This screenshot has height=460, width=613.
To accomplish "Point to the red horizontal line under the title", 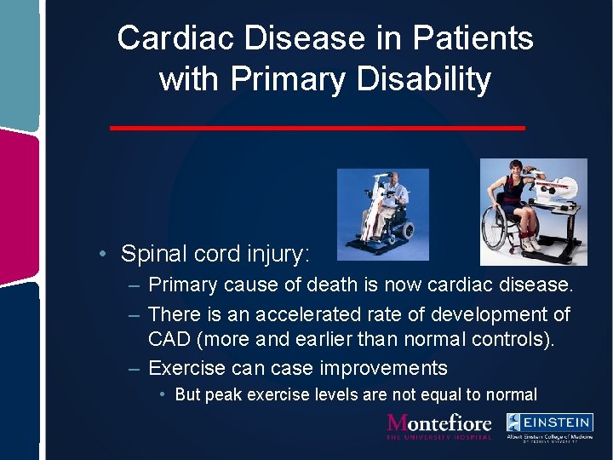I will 318,128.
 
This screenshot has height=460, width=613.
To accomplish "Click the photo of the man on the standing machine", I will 382,214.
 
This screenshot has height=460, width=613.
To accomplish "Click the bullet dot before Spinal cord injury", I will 101,254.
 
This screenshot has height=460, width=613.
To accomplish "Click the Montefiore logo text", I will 439,423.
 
